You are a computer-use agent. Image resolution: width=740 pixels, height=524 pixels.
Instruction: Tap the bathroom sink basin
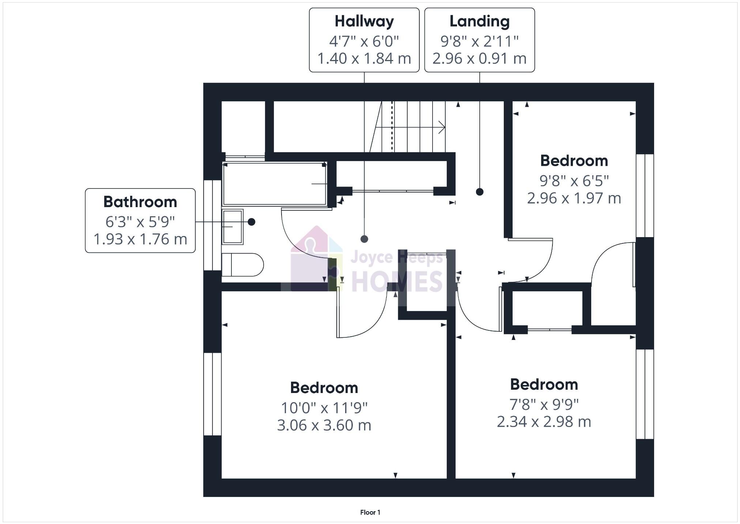(233, 227)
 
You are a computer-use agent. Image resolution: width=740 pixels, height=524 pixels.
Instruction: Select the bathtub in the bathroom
(275, 184)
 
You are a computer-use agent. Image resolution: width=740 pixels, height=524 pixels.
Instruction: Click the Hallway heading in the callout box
(364, 21)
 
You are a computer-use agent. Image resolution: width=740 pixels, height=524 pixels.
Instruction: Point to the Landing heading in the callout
(479, 21)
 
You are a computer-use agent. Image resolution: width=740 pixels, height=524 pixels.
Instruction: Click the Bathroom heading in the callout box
(140, 202)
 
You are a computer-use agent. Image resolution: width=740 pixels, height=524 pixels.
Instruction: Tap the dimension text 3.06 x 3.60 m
(324, 425)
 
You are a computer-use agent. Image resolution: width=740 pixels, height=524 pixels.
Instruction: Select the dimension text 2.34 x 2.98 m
(544, 422)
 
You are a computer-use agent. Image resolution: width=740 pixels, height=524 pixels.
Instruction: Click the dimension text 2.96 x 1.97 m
(574, 198)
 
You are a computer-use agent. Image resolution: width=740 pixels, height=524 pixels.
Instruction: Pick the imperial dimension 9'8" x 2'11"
(479, 41)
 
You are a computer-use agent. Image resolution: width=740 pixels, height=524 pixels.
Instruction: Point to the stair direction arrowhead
(442, 127)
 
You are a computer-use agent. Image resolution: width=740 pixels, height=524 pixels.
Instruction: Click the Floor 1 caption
(370, 512)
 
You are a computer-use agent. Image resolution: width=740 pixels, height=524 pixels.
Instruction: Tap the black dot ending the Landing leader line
(480, 192)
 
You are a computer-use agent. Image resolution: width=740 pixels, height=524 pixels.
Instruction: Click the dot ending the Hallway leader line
(364, 239)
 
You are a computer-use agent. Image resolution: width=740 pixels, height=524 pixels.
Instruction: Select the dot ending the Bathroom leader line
(252, 222)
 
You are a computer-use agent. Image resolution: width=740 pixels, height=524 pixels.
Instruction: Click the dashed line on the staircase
(393, 126)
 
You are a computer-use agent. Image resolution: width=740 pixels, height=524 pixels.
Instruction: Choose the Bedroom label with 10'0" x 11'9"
(324, 388)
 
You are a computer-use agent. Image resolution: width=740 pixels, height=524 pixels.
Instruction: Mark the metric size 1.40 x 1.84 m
(364, 59)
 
